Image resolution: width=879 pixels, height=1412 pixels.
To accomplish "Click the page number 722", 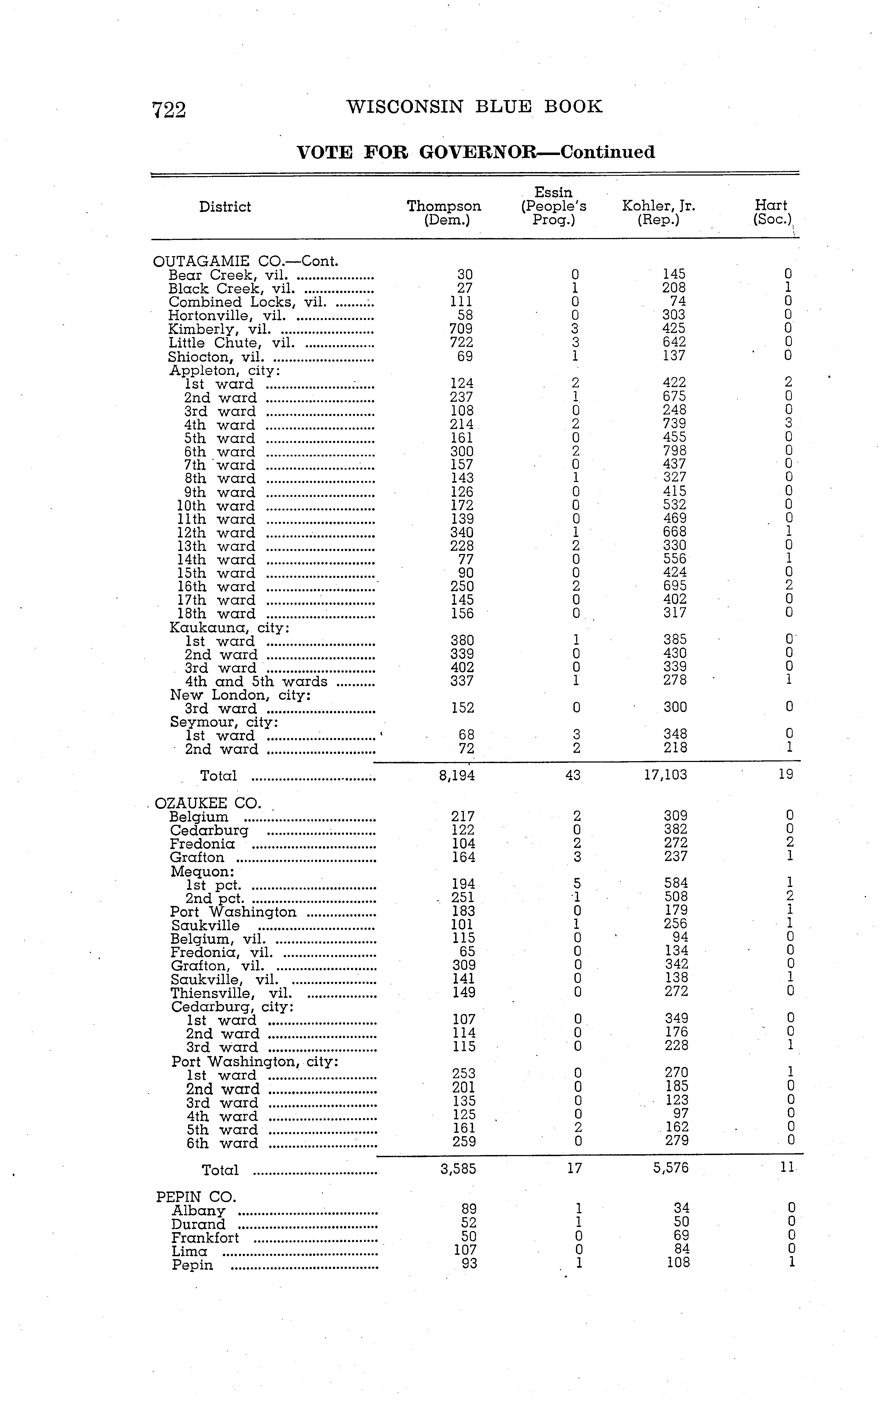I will click(x=169, y=110).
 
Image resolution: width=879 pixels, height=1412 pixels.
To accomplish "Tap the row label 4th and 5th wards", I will click(x=256, y=682).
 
